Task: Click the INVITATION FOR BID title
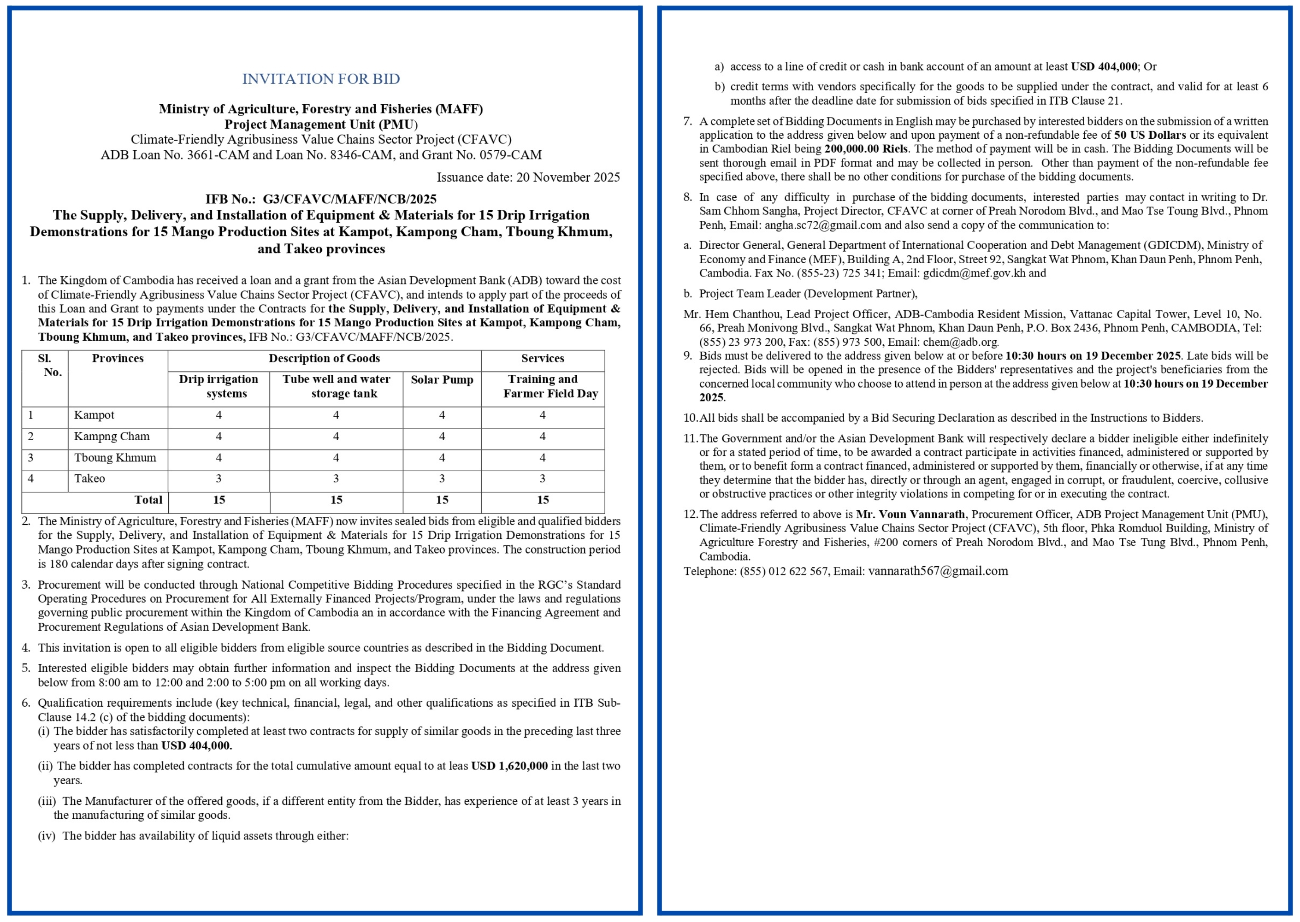(321, 79)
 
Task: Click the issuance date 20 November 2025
(567, 177)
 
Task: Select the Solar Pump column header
(442, 380)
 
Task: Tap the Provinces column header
(118, 358)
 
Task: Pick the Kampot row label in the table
(94, 415)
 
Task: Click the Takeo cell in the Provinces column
(90, 479)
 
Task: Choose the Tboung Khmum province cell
(115, 458)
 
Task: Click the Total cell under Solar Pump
(442, 500)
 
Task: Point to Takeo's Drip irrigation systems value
(219, 479)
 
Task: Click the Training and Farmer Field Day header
(543, 386)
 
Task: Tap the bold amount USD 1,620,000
(509, 766)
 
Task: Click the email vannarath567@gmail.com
(938, 571)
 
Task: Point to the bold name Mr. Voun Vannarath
(910, 514)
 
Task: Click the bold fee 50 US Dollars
(1150, 135)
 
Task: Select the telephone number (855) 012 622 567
(783, 572)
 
